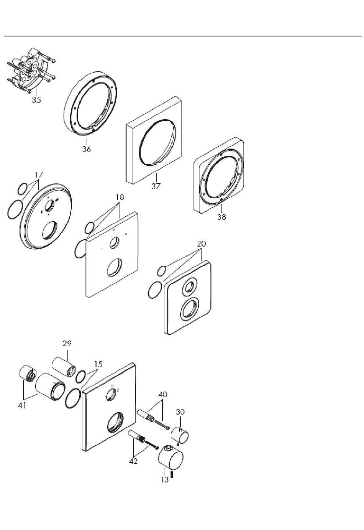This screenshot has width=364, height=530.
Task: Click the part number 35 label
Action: pyautogui.click(x=36, y=100)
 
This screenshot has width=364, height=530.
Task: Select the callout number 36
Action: pyautogui.click(x=87, y=149)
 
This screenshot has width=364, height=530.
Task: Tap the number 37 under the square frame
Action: pyautogui.click(x=156, y=186)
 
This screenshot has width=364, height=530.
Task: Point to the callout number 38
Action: pyautogui.click(x=222, y=217)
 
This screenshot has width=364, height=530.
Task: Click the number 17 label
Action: pyautogui.click(x=39, y=174)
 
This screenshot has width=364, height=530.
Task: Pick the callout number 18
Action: pyautogui.click(x=120, y=197)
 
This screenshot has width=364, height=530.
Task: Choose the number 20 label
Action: pyautogui.click(x=202, y=244)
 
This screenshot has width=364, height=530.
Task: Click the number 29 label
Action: pyautogui.click(x=67, y=343)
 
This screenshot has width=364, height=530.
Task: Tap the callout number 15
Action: pyautogui.click(x=98, y=364)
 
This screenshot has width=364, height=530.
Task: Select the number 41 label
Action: pyautogui.click(x=22, y=406)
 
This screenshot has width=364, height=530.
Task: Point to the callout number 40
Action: pyautogui.click(x=162, y=394)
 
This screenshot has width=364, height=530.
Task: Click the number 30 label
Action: pyautogui.click(x=180, y=412)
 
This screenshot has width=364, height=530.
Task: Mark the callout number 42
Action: pyautogui.click(x=133, y=461)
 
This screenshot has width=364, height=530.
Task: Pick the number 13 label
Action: pyautogui.click(x=164, y=480)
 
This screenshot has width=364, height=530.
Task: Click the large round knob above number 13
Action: pyautogui.click(x=171, y=458)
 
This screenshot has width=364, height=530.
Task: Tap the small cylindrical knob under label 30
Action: pyautogui.click(x=180, y=435)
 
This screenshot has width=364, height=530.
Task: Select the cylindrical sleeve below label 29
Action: pyautogui.click(x=64, y=367)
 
